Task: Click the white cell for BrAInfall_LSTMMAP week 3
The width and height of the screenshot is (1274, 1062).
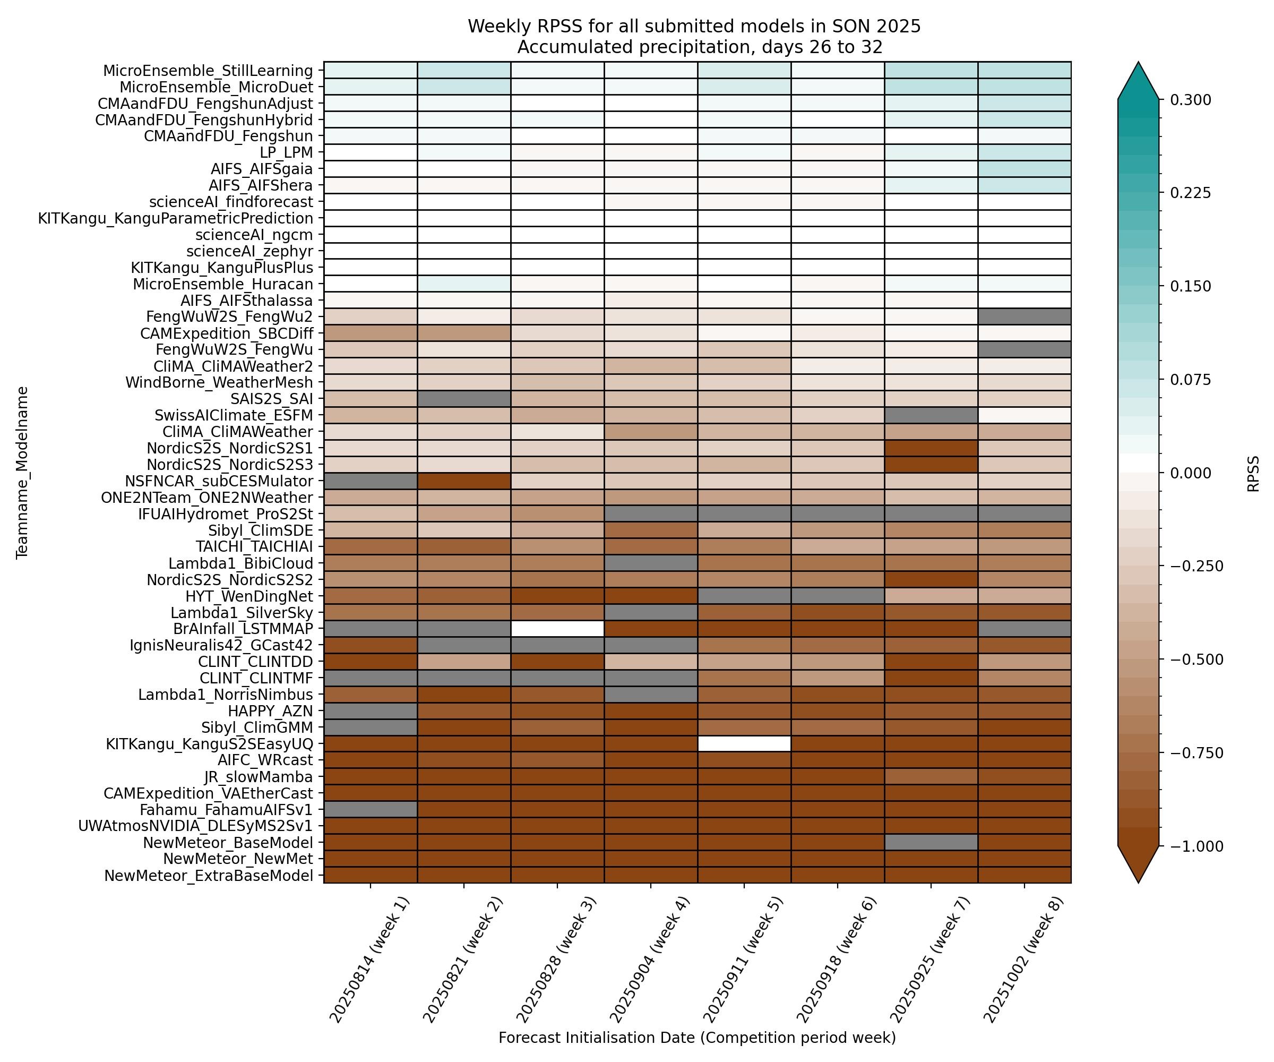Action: tap(557, 628)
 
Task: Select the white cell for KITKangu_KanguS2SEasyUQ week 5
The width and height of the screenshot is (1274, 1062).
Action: tap(744, 743)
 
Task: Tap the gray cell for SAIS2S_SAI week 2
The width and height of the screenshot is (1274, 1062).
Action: tap(463, 399)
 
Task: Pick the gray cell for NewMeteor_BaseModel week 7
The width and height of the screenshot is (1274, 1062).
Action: tap(931, 842)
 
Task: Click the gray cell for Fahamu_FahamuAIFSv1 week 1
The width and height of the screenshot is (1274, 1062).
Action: tap(370, 810)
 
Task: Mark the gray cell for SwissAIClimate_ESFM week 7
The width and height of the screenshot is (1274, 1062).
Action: tap(931, 415)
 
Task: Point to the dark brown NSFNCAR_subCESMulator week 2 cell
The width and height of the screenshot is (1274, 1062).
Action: tap(463, 481)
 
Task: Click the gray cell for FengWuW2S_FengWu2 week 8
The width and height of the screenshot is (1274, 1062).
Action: tap(1024, 316)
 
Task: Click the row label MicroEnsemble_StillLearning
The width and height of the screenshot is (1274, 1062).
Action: tap(208, 71)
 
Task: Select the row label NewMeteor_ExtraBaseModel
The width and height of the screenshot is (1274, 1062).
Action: tap(209, 876)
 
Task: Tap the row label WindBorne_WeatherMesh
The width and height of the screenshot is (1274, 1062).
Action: tap(219, 382)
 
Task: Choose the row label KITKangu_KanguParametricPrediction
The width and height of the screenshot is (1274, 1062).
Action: tap(175, 218)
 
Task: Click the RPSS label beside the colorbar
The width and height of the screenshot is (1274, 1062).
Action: tap(1253, 473)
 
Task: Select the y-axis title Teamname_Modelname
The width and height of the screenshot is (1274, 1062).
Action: tap(22, 472)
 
